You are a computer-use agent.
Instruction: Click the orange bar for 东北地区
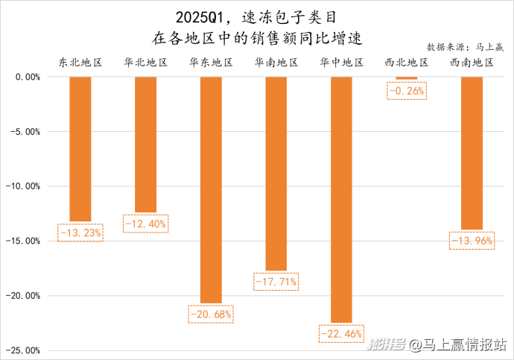80,149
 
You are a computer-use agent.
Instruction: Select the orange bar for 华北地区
145,145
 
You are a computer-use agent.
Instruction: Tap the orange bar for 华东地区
211,190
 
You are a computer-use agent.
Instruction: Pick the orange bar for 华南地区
276,174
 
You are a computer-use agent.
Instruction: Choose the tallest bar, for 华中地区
342,200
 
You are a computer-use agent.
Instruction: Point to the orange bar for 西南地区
472,153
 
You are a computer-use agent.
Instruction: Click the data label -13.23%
80,233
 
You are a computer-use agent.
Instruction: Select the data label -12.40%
145,224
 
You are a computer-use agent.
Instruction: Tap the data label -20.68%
211,315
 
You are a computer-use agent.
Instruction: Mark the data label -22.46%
342,333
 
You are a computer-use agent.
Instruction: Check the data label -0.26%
406,91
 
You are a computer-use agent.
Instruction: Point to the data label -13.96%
472,240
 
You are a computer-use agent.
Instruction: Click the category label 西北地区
407,63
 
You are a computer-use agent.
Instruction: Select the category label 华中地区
342,63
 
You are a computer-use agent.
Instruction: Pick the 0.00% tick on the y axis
27,77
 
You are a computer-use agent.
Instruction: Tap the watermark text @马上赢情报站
459,344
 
